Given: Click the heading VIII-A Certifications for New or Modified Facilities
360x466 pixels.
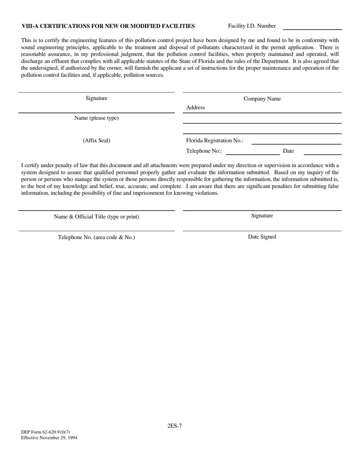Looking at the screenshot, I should pyautogui.click(x=108, y=26).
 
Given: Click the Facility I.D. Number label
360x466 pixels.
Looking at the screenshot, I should pyautogui.click(x=252, y=26).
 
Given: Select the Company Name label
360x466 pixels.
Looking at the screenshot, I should pyautogui.click(x=262, y=99).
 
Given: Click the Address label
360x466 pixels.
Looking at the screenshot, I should pyautogui.click(x=196, y=108).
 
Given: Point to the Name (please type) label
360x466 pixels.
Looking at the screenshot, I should pyautogui.click(x=96, y=118).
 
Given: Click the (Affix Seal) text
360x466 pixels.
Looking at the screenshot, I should pyautogui.click(x=96, y=141).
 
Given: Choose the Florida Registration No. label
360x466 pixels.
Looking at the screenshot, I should pyautogui.click(x=214, y=141).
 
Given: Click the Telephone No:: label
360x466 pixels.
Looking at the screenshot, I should pyautogui.click(x=204, y=151).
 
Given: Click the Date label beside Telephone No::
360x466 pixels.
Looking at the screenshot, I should pyautogui.click(x=288, y=151).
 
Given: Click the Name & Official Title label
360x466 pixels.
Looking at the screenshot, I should pyautogui.click(x=96, y=217).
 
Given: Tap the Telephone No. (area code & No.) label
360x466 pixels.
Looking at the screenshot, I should pyautogui.click(x=96, y=238).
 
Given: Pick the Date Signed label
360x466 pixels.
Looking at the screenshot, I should pyautogui.click(x=262, y=237).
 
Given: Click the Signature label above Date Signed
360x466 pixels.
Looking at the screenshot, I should pyautogui.click(x=262, y=216).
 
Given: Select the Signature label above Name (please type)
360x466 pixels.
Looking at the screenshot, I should pyautogui.click(x=96, y=99).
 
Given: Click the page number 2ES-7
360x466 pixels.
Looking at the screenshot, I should pyautogui.click(x=175, y=426).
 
